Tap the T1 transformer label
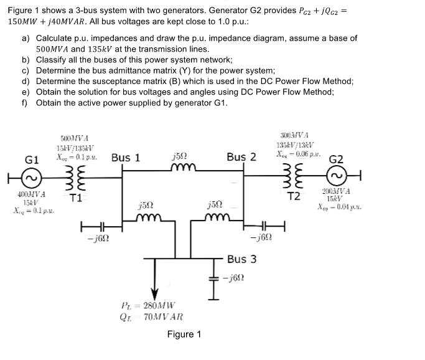(x=76, y=199)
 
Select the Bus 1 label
(x=125, y=158)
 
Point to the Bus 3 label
(x=241, y=259)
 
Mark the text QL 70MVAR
(x=147, y=317)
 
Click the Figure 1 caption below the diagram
(x=184, y=334)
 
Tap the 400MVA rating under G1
(x=27, y=195)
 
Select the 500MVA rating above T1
(x=73, y=138)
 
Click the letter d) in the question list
(x=26, y=81)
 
